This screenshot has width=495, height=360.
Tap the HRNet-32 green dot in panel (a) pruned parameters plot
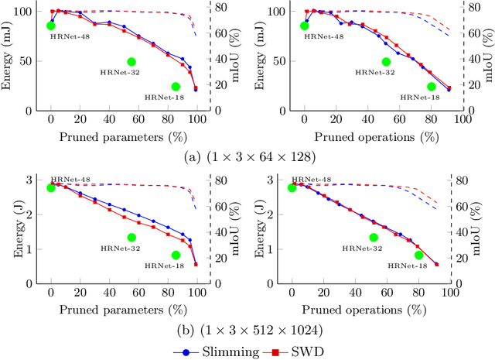[131, 62]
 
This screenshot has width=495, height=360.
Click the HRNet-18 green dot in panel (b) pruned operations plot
[418, 255]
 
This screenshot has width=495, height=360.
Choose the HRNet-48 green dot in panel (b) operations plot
[292, 187]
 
